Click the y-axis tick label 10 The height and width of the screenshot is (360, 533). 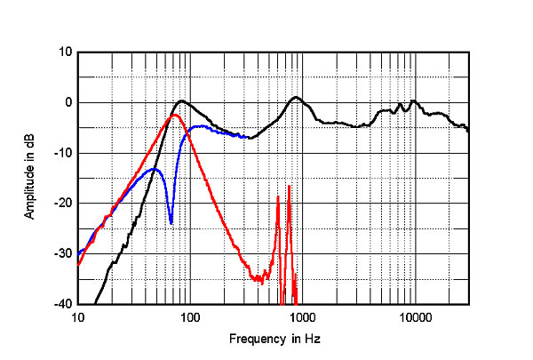(65, 52)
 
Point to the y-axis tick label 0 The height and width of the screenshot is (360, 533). (68, 102)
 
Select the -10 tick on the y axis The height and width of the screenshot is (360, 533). (62, 153)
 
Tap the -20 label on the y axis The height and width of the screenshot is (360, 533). (62, 204)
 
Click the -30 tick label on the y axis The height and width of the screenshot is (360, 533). (62, 254)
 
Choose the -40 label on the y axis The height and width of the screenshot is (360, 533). (62, 305)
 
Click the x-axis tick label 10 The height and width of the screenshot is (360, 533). (78, 316)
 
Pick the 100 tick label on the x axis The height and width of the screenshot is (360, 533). (189, 316)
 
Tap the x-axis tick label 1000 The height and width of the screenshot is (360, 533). (302, 316)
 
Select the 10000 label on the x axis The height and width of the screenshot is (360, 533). (414, 316)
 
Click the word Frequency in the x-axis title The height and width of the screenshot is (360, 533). (254, 340)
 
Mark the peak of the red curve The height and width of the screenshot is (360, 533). (175, 115)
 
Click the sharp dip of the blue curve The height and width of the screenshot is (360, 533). (171, 223)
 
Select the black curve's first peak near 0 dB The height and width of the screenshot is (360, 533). (181, 100)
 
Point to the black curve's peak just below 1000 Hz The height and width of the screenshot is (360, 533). (297, 97)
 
